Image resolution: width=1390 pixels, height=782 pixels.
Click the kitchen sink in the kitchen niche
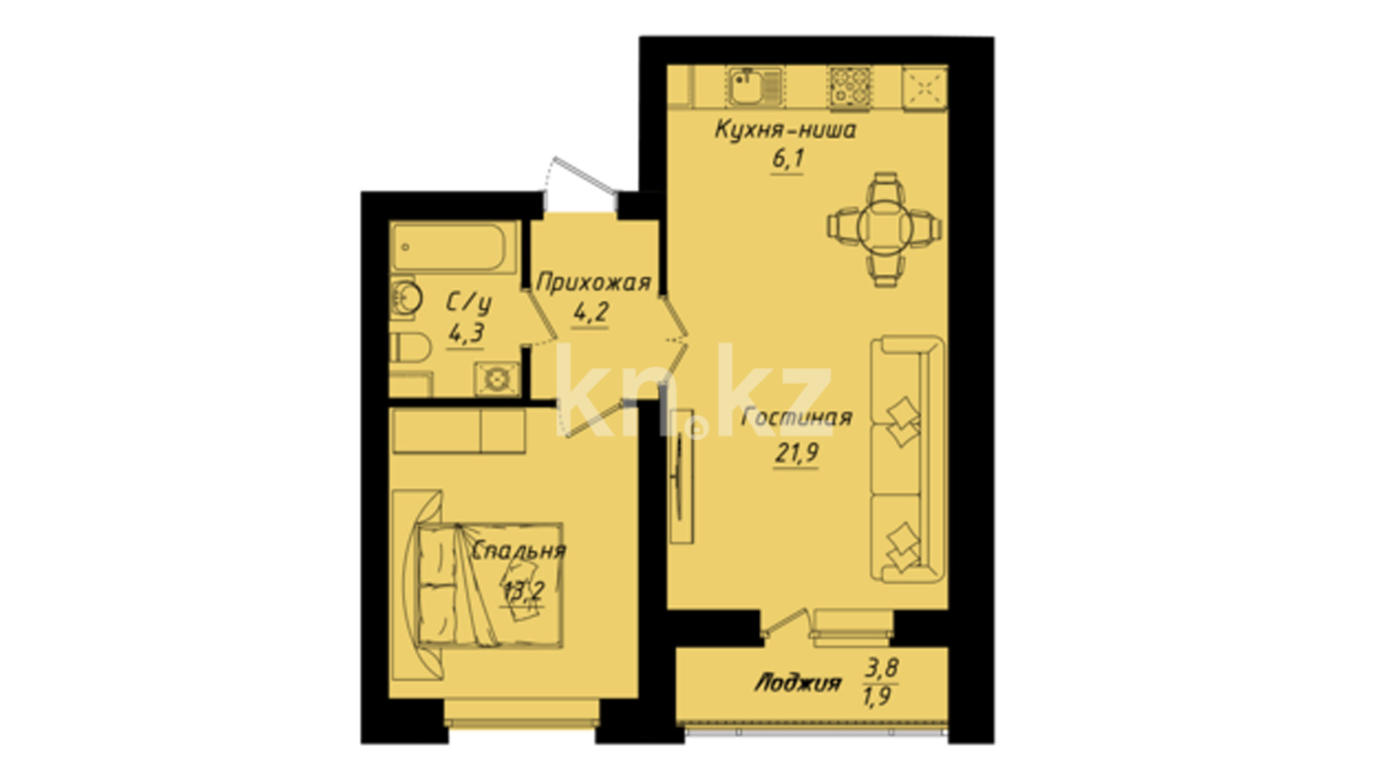[754, 88]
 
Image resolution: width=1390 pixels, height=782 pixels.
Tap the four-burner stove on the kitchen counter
[851, 88]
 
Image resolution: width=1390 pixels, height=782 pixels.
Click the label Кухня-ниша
[785, 130]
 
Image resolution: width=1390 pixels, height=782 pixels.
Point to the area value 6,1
[788, 159]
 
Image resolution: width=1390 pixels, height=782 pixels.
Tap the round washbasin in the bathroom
[405, 298]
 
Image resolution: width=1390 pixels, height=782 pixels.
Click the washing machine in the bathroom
[497, 378]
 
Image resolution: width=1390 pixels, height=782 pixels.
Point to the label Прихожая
[594, 282]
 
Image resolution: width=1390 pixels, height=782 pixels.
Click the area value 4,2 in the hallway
[591, 314]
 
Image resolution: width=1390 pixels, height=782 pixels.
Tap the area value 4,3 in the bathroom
[466, 334]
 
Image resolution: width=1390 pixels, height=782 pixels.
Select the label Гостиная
[797, 418]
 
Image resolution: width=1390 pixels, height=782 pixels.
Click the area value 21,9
[796, 453]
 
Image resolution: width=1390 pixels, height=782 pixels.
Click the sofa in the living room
[907, 459]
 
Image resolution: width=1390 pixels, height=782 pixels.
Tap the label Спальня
[518, 550]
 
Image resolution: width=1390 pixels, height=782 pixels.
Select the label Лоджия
[798, 683]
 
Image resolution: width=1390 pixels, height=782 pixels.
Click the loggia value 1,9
[877, 697]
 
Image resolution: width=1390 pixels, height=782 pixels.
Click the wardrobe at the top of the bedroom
[458, 431]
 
